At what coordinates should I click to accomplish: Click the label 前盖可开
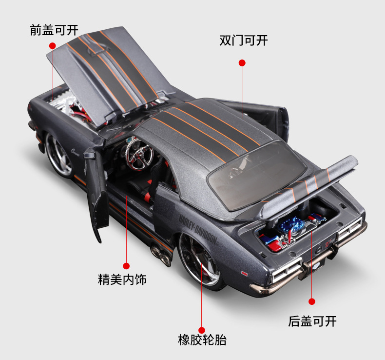tap(54, 30)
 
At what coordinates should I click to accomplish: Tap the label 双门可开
tap(243, 40)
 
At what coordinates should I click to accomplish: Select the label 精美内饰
tap(122, 280)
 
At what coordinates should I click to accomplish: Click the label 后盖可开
tap(312, 321)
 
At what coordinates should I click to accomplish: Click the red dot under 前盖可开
tap(52, 45)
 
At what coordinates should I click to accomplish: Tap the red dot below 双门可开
tap(242, 63)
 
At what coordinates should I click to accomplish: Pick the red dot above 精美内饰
tap(126, 266)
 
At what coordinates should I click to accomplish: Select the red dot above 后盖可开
tap(312, 301)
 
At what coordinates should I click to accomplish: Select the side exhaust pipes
tap(159, 254)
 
